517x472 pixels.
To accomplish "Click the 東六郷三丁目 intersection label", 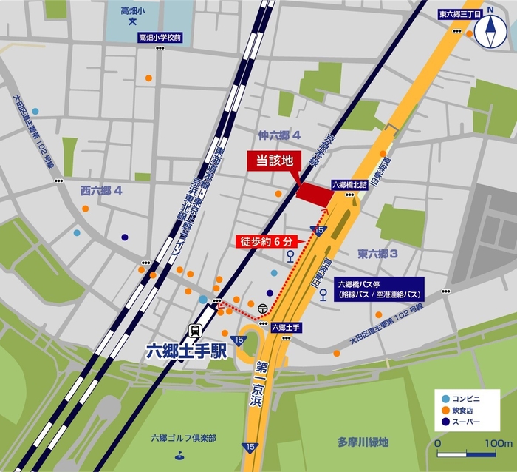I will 460,13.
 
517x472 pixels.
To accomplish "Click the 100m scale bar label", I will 499,443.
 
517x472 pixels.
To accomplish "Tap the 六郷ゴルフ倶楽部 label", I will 182,438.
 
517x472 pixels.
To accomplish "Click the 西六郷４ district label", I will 101,190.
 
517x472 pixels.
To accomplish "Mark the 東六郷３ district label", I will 378,254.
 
